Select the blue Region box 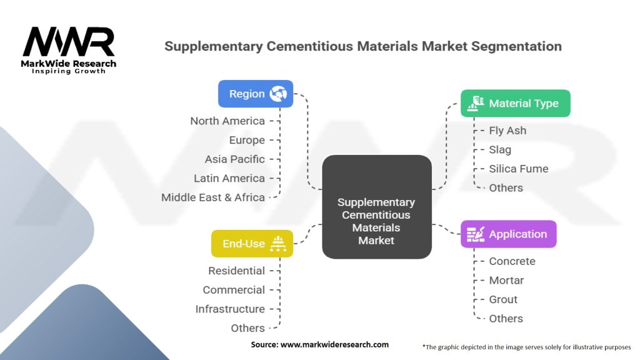tap(255, 94)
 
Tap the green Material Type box tap(515, 103)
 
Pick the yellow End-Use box tap(252, 244)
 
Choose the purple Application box tap(508, 234)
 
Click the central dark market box tap(376, 207)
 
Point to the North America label tap(227, 121)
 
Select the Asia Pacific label tap(234, 159)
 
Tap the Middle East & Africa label tap(213, 197)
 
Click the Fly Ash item tap(507, 131)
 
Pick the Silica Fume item tap(518, 169)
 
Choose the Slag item tap(500, 150)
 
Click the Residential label tap(236, 271)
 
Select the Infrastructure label tap(230, 309)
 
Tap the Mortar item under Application tap(506, 281)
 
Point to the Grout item tap(503, 299)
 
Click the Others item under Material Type tap(506, 187)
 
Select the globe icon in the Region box tap(277, 94)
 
